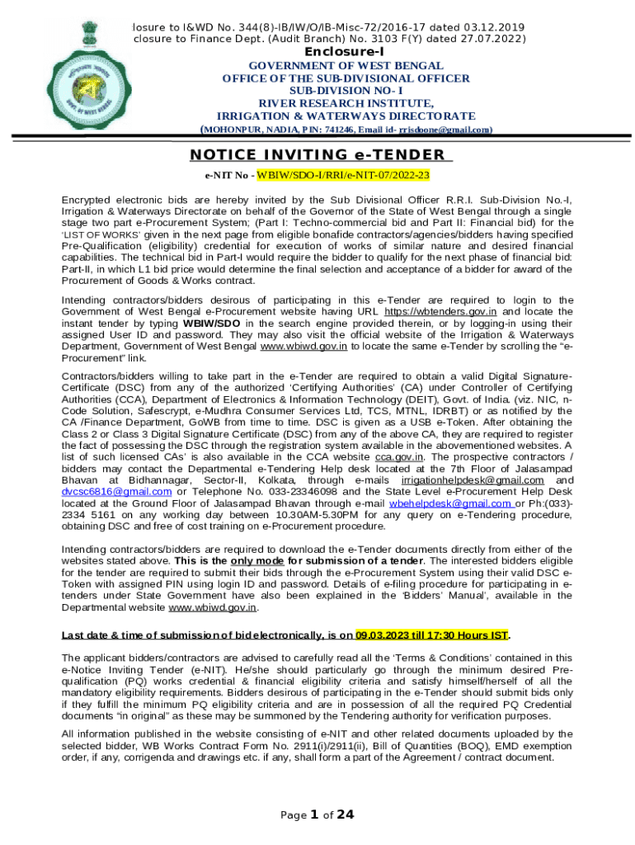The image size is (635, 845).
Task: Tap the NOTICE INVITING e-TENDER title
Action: pyautogui.click(x=317, y=155)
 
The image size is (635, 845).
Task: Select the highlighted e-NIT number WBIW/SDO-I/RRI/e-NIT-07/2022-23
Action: pyautogui.click(x=344, y=176)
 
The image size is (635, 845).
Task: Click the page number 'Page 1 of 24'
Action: pyautogui.click(x=317, y=814)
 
